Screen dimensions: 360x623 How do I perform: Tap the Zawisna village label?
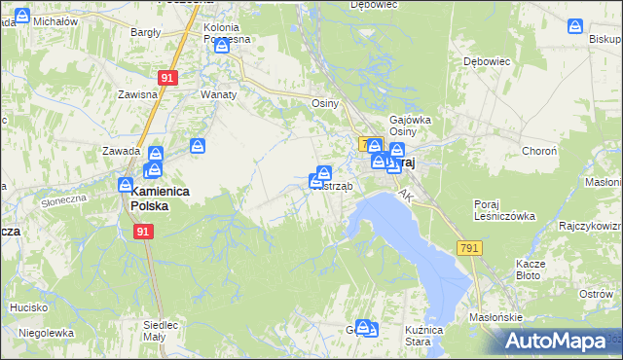pos(137,94)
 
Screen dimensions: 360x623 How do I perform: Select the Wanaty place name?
pos(216,94)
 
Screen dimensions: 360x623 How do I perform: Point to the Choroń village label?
pos(539,152)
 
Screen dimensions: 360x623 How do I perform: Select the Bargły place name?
pos(146,32)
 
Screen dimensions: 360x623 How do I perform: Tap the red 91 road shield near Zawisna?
pos(167,78)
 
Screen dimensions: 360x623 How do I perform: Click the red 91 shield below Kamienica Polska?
pos(144,232)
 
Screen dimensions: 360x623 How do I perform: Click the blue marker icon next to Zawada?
pos(157,154)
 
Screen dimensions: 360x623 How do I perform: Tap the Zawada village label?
pos(122,152)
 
